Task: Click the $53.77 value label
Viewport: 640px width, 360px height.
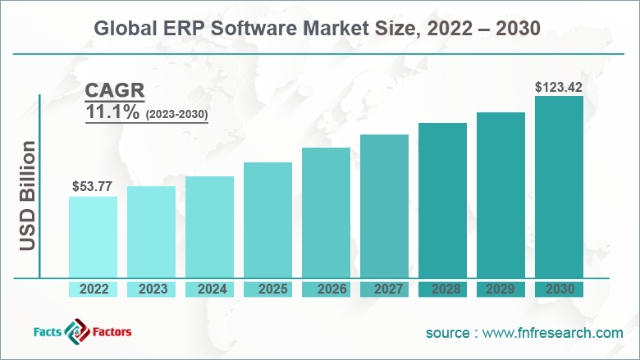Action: click(x=92, y=187)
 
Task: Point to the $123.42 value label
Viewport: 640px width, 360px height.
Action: click(x=558, y=86)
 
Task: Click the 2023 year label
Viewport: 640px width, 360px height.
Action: click(x=151, y=289)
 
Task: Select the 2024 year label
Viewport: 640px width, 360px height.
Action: click(x=209, y=289)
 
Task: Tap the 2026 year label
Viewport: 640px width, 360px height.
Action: click(x=326, y=289)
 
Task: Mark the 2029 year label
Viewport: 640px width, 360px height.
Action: click(x=501, y=289)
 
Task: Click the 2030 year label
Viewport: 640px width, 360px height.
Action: click(x=559, y=289)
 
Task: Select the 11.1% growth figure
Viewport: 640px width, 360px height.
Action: click(x=113, y=112)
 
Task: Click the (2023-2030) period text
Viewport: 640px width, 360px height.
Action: click(x=176, y=116)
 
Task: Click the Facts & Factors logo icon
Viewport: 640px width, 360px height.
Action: click(x=75, y=331)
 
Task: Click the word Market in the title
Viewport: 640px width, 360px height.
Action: click(x=322, y=28)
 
